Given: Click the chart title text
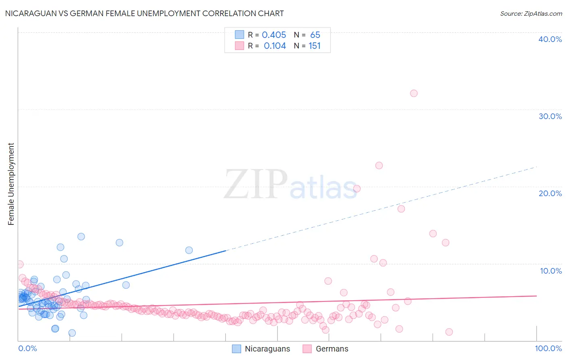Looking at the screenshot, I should click(x=144, y=13).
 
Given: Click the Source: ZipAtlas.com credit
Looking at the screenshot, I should click(x=531, y=13).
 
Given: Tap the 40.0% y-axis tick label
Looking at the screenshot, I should click(x=550, y=39).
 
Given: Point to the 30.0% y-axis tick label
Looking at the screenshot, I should click(x=550, y=116).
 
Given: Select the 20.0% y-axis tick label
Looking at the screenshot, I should click(x=550, y=193).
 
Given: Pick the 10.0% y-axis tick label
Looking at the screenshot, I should click(x=550, y=271).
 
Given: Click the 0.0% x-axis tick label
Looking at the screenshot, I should click(x=27, y=348).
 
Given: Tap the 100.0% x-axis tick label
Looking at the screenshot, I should click(x=548, y=348).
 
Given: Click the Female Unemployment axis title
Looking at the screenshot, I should click(x=11, y=184).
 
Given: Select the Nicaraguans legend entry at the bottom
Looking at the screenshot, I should click(x=261, y=349).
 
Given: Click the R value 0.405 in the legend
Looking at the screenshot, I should click(x=274, y=35).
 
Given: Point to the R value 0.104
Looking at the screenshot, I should click(x=275, y=46).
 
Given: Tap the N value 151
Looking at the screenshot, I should click(x=315, y=46).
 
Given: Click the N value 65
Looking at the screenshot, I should click(x=315, y=35).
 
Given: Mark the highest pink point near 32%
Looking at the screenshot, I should click(x=414, y=93).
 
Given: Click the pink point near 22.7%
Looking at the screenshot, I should click(x=379, y=165).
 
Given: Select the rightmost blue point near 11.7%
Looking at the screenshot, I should click(x=189, y=250).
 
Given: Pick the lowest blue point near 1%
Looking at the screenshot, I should click(x=72, y=333).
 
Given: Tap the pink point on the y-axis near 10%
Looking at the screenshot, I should click(x=19, y=264).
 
